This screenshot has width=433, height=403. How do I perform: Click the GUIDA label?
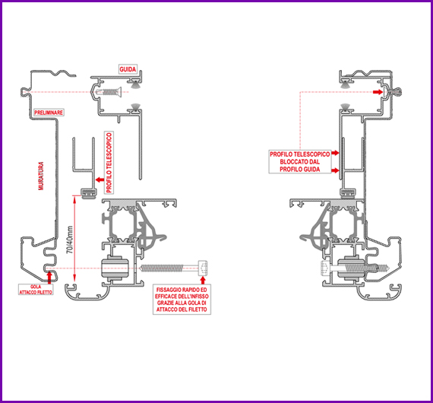[x=128, y=69]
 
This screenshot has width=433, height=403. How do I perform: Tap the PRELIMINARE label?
[x=49, y=113]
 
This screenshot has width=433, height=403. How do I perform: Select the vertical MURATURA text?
[x=41, y=176]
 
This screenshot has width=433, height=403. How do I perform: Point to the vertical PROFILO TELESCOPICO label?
[x=109, y=163]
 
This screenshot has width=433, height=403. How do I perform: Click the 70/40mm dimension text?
[x=70, y=240]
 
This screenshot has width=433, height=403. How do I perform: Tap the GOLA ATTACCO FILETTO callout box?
[x=36, y=290]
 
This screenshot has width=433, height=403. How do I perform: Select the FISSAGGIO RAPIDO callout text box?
[x=182, y=300]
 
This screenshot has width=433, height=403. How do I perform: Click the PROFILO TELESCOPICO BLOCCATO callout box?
[x=300, y=162]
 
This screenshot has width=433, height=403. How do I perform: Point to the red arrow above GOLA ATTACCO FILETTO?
[x=49, y=278]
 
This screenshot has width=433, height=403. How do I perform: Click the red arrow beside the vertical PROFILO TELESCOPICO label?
[x=100, y=180]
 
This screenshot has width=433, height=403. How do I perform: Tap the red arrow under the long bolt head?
[x=203, y=280]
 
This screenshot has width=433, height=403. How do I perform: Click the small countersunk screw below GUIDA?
[x=109, y=91]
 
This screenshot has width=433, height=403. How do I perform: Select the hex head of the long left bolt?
[x=203, y=268]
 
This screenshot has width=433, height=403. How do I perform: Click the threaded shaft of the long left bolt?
[x=163, y=268]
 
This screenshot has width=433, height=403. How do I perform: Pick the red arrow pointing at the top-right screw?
[x=378, y=92]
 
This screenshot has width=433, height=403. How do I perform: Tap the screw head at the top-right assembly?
[x=397, y=91]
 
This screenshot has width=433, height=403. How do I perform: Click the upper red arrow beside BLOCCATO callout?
[x=335, y=153]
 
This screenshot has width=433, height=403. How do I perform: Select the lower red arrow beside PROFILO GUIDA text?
[x=335, y=170]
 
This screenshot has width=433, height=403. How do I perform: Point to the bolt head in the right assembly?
[x=325, y=268]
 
